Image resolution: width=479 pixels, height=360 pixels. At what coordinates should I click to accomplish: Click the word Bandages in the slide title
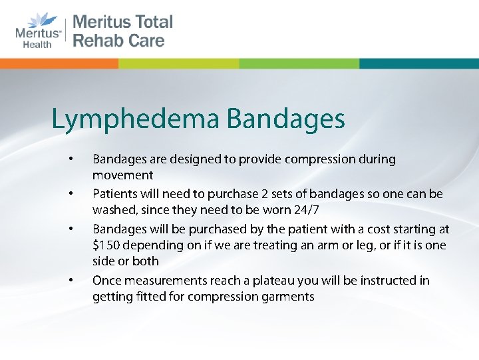click(x=286, y=120)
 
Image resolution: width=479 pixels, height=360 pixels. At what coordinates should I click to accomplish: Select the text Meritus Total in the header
click(x=122, y=22)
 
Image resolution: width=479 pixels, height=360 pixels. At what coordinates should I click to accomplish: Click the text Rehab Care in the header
click(x=118, y=41)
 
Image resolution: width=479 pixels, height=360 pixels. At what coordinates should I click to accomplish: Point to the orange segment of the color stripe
click(x=59, y=63)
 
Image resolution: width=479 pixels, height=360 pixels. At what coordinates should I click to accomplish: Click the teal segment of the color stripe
click(x=418, y=63)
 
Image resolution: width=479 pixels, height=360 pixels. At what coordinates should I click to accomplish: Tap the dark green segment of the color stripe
click(x=179, y=63)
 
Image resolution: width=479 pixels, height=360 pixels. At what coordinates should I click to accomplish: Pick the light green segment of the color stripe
click(x=299, y=63)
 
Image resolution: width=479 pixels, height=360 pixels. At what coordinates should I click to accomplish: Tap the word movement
click(x=122, y=176)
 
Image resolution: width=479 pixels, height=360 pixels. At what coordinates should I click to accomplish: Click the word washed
click(x=110, y=211)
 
